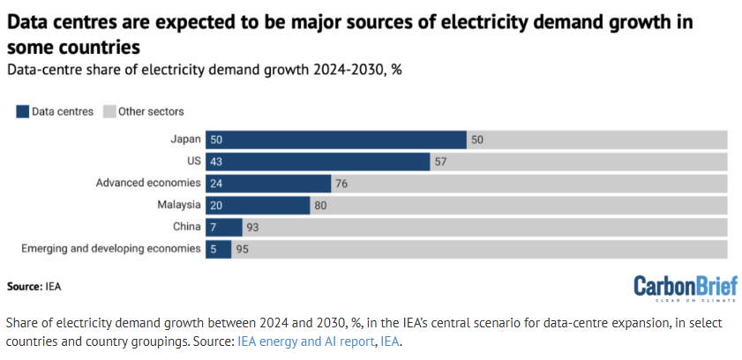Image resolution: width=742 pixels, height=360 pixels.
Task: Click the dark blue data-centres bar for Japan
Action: pos(336,139)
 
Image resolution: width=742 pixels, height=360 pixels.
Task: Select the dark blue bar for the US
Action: pos(318,161)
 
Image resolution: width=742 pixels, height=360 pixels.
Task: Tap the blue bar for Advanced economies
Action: pos(268,184)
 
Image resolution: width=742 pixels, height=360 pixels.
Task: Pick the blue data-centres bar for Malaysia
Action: pos(258,205)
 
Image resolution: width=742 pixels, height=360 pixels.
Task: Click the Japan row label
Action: pos(186,139)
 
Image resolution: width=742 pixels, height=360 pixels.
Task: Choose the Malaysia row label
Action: pos(179,205)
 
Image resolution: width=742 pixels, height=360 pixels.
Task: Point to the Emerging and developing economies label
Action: pos(111,249)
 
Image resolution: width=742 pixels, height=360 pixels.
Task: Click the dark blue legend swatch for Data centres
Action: pos(21,111)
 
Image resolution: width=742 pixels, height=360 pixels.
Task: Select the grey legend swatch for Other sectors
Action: pos(109,111)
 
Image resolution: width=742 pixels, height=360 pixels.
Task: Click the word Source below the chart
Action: pos(24,287)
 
